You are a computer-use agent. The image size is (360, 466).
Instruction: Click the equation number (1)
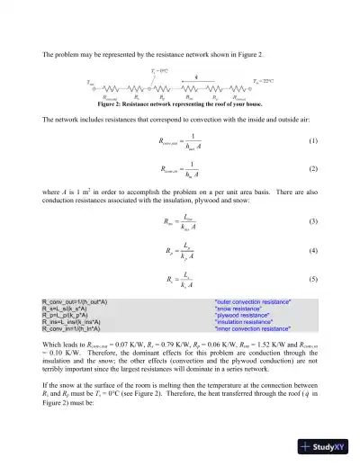pos(312,141)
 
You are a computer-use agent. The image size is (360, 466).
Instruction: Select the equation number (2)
pos(312,168)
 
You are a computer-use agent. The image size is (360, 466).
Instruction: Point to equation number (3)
pos(312,220)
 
